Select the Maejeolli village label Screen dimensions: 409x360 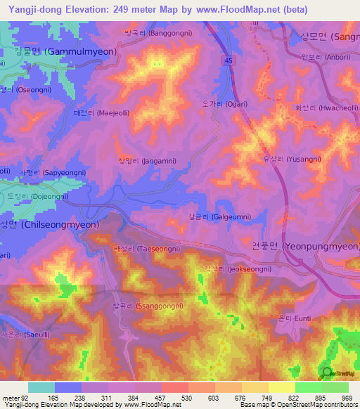tap(96, 112)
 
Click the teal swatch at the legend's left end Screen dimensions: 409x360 tap(41, 387)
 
